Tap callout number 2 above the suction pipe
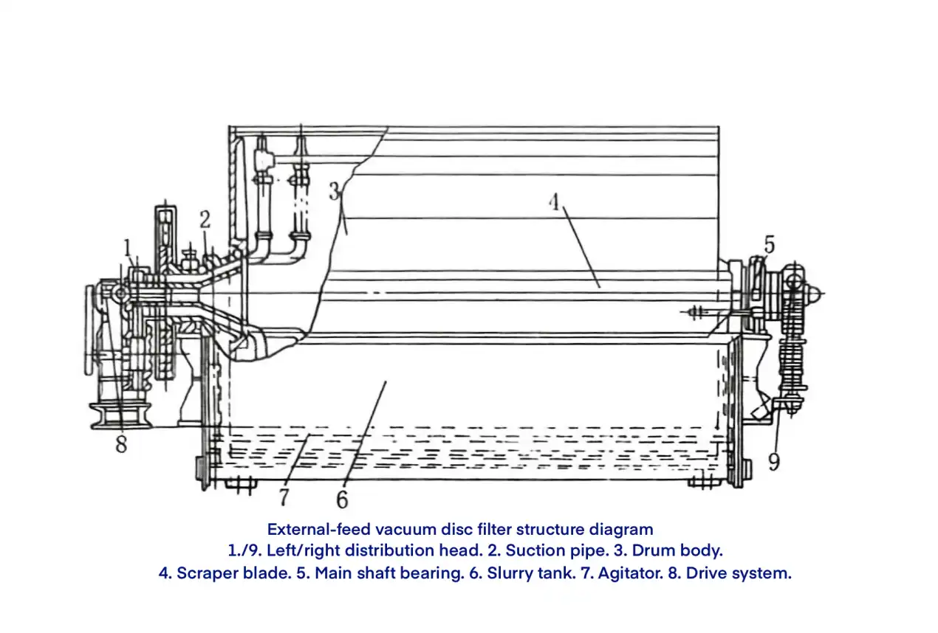pyautogui.click(x=205, y=219)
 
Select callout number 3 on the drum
pyautogui.click(x=334, y=192)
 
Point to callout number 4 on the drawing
pyautogui.click(x=554, y=201)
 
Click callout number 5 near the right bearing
pyautogui.click(x=770, y=244)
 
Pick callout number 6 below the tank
pyautogui.click(x=342, y=499)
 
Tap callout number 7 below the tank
pyautogui.click(x=284, y=497)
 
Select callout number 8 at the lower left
pyautogui.click(x=121, y=444)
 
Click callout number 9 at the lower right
pyautogui.click(x=774, y=462)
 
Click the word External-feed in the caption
pyautogui.click(x=318, y=529)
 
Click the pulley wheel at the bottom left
pyautogui.click(x=120, y=415)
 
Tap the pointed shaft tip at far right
pyautogui.click(x=815, y=294)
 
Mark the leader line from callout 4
pyautogui.click(x=582, y=247)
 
